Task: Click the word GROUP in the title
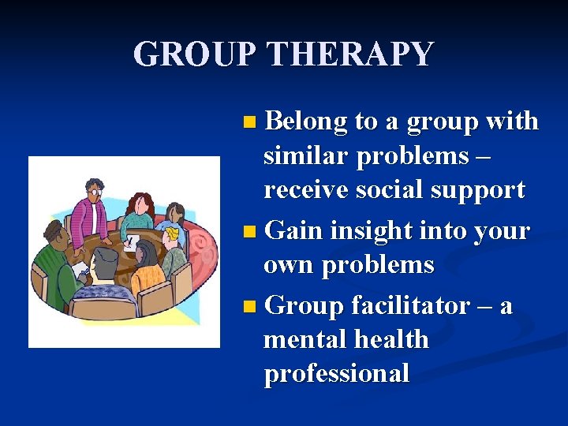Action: point(196,54)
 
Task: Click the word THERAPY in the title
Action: point(350,54)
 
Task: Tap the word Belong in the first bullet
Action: point(306,121)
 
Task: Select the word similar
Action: point(306,155)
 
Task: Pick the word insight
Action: point(367,231)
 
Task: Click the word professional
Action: point(336,373)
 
